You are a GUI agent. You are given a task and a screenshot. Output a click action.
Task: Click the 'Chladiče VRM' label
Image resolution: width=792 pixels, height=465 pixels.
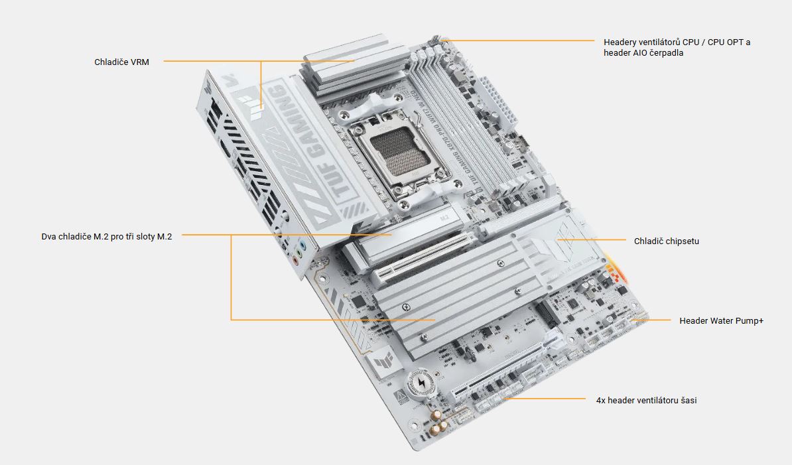(x=121, y=62)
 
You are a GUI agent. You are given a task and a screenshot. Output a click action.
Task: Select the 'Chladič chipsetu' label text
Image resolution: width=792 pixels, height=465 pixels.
(x=666, y=241)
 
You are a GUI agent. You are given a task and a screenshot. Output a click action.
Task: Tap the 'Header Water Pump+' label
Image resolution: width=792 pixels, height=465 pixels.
(x=721, y=320)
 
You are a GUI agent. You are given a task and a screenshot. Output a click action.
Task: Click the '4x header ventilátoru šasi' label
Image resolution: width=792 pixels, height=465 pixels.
(x=646, y=401)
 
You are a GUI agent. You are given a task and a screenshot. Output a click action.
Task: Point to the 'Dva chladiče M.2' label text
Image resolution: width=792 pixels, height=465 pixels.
(x=75, y=237)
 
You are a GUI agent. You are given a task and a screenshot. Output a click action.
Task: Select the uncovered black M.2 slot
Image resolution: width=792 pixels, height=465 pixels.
(x=547, y=313)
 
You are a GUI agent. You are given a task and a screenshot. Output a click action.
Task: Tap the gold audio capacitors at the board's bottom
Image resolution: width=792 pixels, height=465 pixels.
(x=439, y=422)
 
